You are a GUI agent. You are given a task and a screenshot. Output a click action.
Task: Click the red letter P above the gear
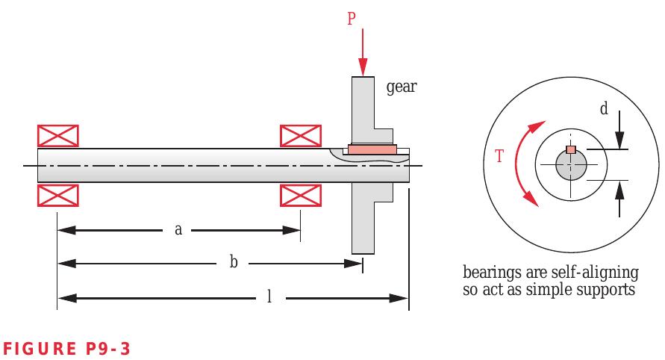pos(352,19)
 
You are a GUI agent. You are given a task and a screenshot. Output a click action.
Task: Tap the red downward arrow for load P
pos(362,52)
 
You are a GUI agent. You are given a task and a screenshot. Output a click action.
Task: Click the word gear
pos(402,88)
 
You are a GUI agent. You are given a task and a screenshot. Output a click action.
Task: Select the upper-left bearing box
pos(59,136)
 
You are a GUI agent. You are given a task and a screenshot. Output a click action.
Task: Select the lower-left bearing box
pos(59,195)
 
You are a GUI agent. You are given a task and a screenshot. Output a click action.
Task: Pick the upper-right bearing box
pos(301,136)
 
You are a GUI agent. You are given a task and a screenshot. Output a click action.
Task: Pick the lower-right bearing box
pos(301,195)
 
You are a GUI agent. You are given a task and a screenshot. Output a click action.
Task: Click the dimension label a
pos(178,229)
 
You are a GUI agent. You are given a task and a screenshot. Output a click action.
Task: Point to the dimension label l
pos(269,297)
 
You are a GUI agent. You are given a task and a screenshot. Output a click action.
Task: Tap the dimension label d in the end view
pos(604,110)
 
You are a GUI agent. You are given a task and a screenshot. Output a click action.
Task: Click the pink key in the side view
pos(371,151)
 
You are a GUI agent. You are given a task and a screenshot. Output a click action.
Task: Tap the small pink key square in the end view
pos(571,150)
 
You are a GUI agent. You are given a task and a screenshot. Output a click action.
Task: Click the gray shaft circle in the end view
pos(571,165)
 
